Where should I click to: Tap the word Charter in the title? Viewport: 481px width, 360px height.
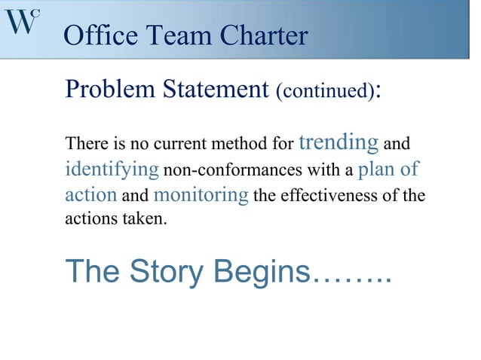click(265, 35)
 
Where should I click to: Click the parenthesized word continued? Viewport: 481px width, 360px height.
click(324, 93)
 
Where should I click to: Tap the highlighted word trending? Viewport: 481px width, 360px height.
click(339, 142)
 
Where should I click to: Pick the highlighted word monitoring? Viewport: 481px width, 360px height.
click(201, 195)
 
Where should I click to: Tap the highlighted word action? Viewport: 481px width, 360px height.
click(90, 195)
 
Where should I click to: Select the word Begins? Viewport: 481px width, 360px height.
click(262, 272)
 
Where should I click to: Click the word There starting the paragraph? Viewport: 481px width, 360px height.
click(84, 143)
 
